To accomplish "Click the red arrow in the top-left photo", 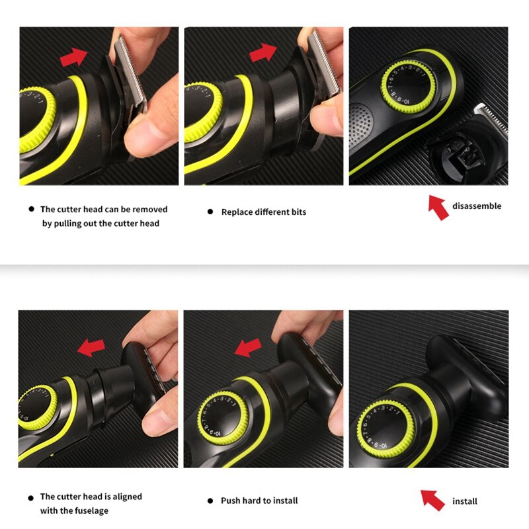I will [75, 58].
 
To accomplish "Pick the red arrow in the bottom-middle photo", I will [249, 346].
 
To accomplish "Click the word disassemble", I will [477, 206].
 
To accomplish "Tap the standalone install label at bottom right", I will [464, 501].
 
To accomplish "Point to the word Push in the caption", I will [231, 501].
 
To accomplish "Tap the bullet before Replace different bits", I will [210, 212].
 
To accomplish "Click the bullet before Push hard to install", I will [210, 501].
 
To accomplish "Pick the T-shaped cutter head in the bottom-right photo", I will [463, 370].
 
